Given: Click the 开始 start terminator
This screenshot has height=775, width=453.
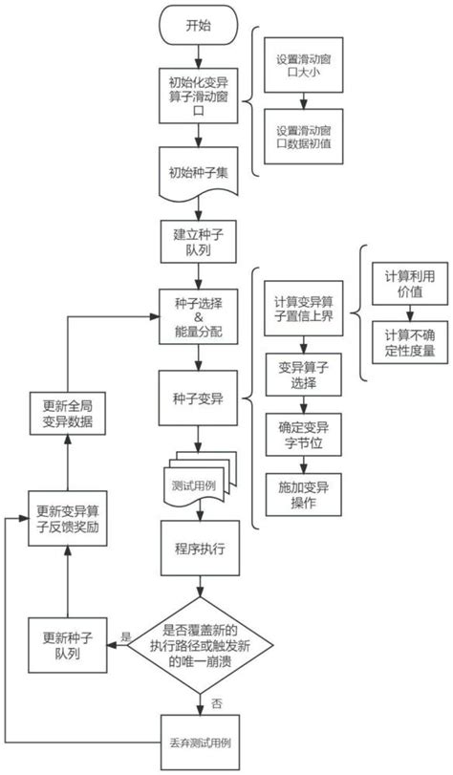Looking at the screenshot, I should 198,27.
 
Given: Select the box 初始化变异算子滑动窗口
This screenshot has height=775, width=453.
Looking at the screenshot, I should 198,96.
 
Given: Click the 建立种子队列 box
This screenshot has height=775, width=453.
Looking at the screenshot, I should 198,243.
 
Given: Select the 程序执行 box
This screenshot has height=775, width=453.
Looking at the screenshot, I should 198,551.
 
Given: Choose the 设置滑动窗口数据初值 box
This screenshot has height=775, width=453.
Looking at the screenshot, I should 304,135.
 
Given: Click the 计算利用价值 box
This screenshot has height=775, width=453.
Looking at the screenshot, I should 409,284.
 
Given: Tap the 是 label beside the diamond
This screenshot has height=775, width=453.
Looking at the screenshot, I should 126,635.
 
